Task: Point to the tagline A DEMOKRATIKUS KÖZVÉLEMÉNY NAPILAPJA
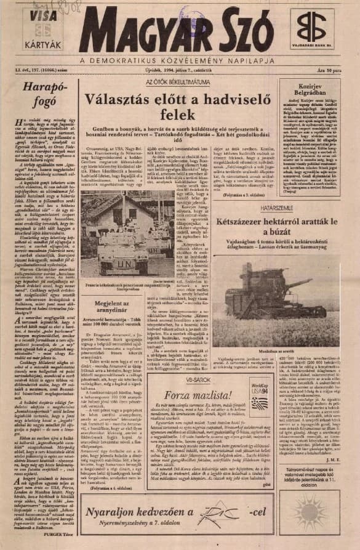coord(180,61)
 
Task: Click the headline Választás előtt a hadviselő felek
coord(178,105)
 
